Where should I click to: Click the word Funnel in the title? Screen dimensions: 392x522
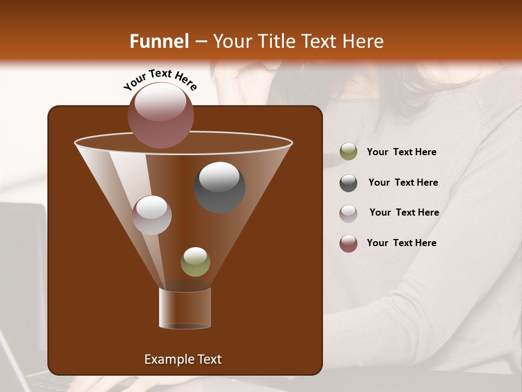click(159, 41)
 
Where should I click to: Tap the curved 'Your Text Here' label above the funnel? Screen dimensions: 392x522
click(160, 79)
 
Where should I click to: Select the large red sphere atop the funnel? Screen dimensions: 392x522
click(161, 115)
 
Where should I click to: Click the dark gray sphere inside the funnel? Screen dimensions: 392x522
click(220, 187)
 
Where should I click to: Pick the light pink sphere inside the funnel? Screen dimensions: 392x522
click(152, 215)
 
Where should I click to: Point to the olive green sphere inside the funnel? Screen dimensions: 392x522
click(195, 262)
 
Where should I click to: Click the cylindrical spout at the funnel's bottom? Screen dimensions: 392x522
click(185, 308)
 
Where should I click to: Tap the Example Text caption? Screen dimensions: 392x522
click(183, 359)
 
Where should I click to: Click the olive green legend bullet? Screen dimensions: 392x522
click(349, 152)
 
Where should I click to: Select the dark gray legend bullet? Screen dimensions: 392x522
click(349, 183)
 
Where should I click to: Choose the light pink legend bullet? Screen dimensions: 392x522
click(349, 213)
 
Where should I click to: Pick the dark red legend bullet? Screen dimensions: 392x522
click(349, 243)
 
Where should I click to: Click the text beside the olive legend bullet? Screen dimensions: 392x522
click(401, 152)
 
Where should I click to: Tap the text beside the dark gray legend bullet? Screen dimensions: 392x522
click(403, 182)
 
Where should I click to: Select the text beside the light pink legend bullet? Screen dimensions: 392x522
click(404, 212)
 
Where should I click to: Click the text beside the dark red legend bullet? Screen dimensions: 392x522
click(401, 243)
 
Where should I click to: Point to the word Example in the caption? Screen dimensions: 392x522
click(166, 359)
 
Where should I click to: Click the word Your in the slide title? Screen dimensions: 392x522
click(232, 41)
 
